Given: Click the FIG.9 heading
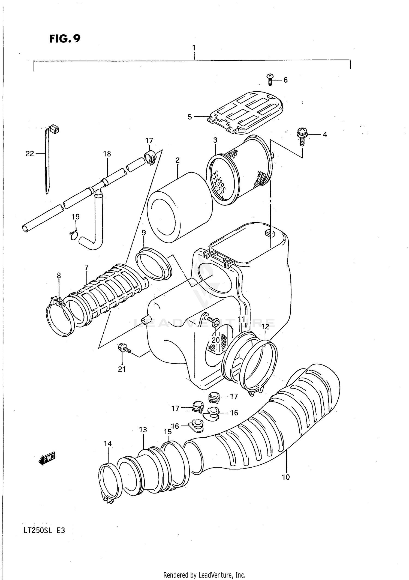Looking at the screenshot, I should point(65,39).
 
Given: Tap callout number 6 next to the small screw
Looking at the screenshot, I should point(285,80).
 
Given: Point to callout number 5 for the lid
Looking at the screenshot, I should point(190,117).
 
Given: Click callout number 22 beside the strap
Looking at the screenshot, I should point(30,154).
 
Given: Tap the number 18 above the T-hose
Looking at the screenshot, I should point(107,154).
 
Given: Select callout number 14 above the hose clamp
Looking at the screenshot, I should point(107,444).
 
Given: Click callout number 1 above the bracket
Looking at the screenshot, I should point(194,48).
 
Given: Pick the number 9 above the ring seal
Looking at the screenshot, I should point(144,233).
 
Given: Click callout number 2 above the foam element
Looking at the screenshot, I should point(178,160).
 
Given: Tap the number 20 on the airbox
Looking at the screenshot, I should point(215,340).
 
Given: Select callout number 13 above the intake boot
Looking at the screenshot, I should point(143,430).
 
